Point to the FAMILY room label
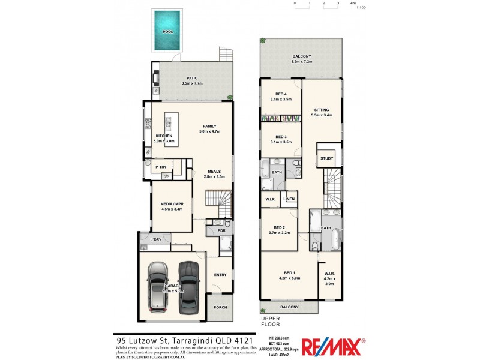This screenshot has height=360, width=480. (209, 126)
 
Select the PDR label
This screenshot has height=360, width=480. (221, 230)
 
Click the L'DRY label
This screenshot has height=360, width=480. (155, 239)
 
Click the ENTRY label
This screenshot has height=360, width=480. (220, 275)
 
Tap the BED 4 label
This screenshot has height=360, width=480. (281, 94)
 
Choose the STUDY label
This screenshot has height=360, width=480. (326, 158)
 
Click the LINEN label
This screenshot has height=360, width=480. (289, 199)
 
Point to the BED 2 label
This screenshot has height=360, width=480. (279, 227)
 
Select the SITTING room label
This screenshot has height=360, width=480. (322, 110)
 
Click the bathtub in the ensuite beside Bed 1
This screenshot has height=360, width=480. (334, 240)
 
